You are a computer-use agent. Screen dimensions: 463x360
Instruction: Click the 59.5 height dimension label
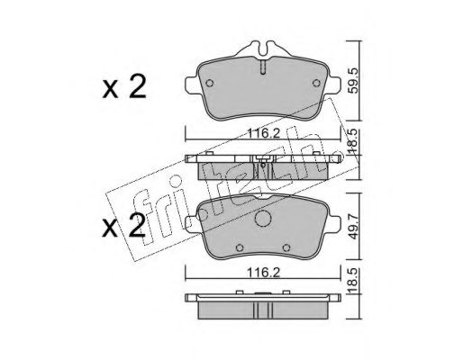point(354,80)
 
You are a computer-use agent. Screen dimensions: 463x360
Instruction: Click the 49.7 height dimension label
point(354,227)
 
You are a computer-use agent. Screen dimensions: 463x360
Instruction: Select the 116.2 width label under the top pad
point(263,133)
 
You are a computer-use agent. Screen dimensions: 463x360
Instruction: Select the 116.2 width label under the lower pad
point(263,273)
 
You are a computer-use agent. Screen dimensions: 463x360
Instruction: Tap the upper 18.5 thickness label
point(354,140)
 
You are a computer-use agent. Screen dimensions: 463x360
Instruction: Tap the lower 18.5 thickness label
point(354,280)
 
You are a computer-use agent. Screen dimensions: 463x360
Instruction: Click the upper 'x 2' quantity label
point(124,86)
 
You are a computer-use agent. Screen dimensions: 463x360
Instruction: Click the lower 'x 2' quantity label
point(124,226)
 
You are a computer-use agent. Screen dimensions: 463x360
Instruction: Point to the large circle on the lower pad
point(263,218)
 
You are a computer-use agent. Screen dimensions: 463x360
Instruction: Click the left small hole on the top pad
point(210,83)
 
